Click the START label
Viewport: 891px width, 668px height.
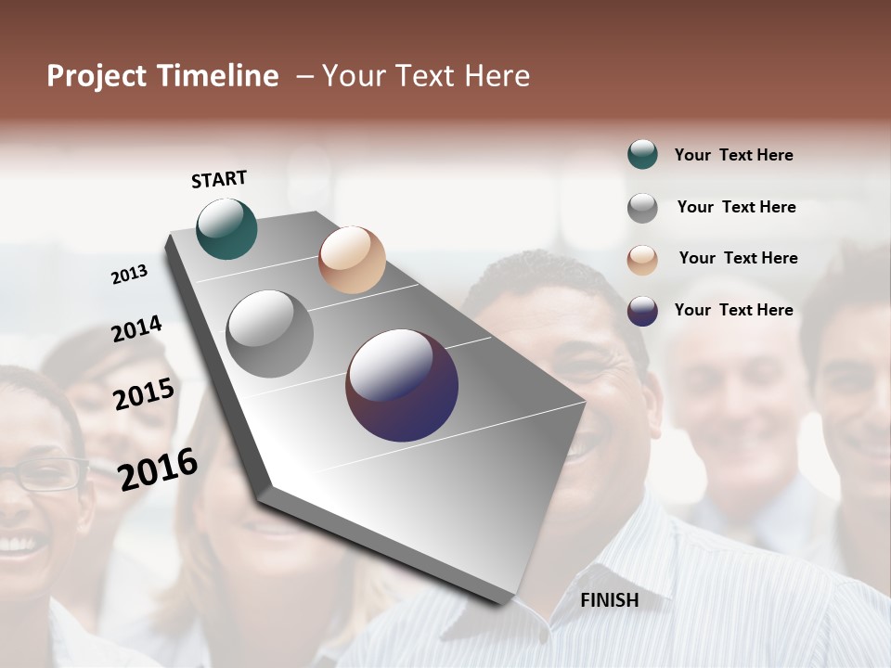[219, 179]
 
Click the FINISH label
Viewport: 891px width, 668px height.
[609, 600]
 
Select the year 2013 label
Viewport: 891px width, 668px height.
[130, 274]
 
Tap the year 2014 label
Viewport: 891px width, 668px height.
[137, 328]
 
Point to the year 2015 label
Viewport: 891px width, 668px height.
[144, 393]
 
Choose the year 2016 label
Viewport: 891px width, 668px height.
[158, 469]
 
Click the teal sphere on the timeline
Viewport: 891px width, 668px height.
[226, 228]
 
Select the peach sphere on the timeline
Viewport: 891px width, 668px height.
[352, 260]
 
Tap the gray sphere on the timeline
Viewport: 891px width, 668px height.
[270, 334]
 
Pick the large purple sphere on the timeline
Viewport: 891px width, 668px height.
[402, 385]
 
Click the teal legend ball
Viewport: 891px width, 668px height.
[642, 155]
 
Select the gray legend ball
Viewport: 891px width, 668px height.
[642, 208]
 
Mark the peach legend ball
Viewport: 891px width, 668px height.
[642, 260]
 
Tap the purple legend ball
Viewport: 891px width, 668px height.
[642, 311]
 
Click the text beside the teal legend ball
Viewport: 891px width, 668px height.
[733, 155]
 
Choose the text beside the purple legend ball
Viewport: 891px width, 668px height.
[733, 310]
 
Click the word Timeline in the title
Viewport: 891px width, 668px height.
[217, 76]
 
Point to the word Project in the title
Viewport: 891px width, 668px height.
[97, 76]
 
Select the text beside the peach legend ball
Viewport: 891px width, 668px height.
[738, 258]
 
